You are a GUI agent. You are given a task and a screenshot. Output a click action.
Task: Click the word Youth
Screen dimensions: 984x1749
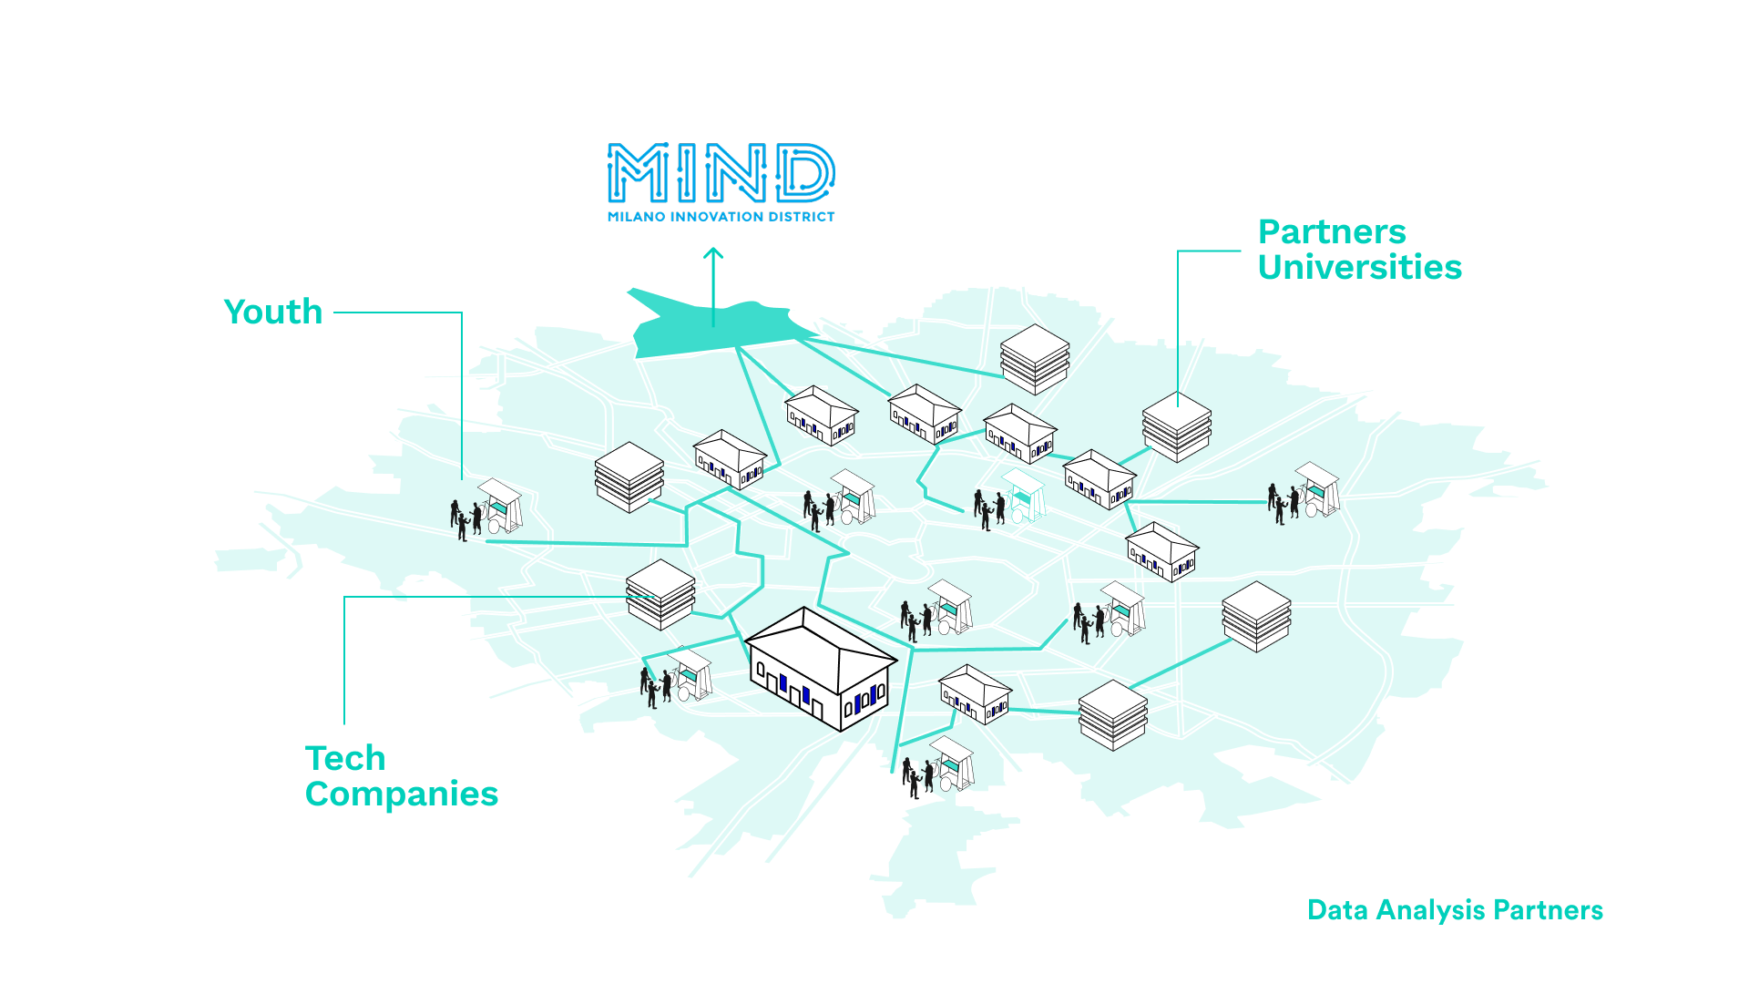click(x=273, y=313)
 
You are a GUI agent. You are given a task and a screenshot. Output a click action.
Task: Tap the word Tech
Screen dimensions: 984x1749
click(x=345, y=759)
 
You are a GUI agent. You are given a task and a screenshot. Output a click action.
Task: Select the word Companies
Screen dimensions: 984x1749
click(x=401, y=794)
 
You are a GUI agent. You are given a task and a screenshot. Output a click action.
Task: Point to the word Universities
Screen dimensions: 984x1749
click(x=1359, y=268)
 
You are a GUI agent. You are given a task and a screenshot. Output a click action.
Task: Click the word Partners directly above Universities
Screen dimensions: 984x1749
click(x=1332, y=232)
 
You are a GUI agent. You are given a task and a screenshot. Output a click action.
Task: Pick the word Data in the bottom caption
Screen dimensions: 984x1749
click(x=1337, y=910)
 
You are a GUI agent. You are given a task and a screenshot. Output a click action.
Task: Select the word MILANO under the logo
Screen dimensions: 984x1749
click(x=637, y=217)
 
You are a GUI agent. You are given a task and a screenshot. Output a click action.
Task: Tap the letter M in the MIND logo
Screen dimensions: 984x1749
click(x=637, y=173)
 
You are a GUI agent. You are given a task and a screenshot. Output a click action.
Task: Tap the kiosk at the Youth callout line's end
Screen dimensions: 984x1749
click(x=497, y=507)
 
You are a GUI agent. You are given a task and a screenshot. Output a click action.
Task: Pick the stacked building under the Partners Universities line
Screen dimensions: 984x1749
click(x=1177, y=426)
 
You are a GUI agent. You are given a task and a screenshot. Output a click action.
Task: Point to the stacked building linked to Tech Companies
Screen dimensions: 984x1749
click(x=660, y=594)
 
